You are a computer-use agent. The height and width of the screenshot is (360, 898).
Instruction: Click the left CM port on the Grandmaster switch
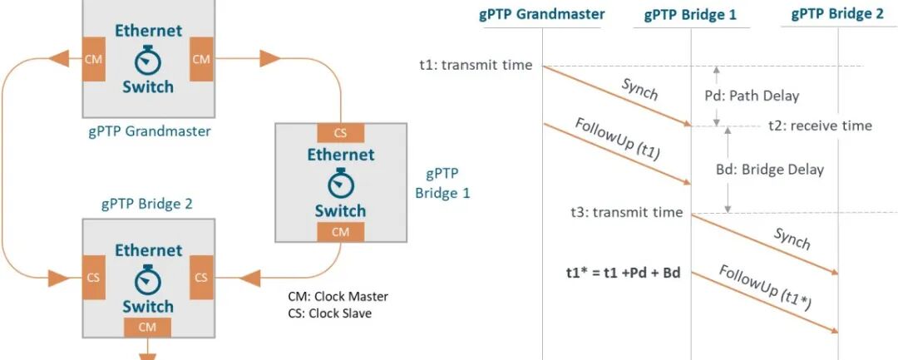pos(94,59)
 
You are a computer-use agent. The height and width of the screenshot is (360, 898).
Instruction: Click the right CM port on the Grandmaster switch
pos(201,59)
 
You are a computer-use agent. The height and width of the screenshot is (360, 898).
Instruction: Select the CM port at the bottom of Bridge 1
pos(340,232)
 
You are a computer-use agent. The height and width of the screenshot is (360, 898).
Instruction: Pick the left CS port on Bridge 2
pos(94,276)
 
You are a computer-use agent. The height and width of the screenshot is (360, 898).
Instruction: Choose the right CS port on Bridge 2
pos(201,276)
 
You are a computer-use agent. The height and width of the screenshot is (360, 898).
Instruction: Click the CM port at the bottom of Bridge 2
pos(147,328)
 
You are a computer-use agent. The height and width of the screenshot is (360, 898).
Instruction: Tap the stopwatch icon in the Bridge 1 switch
pos(340,183)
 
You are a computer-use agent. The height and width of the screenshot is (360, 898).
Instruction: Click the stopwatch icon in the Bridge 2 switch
pos(147,278)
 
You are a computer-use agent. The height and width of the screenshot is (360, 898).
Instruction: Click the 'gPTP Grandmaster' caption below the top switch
pos(149,131)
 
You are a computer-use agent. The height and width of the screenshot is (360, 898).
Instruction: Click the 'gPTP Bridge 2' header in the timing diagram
pos(837,13)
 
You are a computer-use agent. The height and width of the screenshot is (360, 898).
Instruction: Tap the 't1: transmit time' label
pos(476,65)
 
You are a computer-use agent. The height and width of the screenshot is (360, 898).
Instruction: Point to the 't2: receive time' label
pos(819,126)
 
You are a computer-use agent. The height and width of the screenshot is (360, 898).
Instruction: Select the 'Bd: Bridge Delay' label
pos(769,170)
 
